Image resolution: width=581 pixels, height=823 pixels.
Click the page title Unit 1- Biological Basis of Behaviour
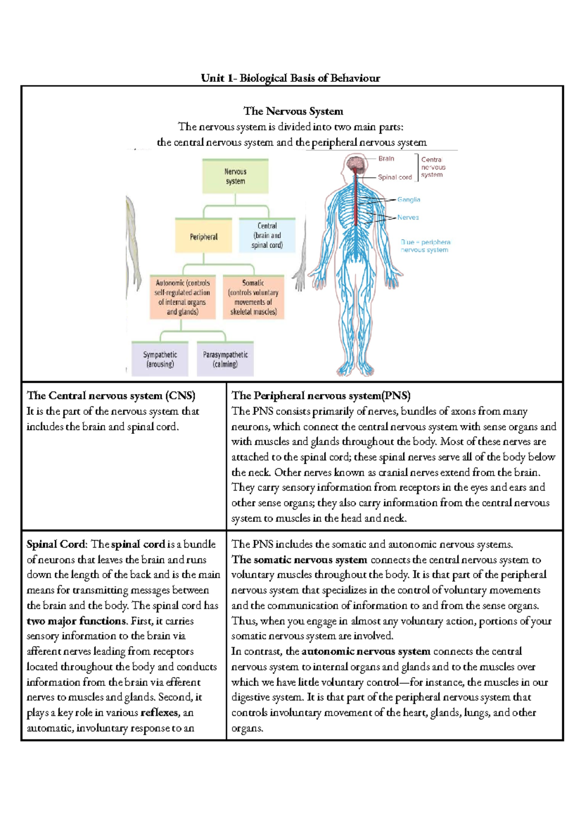[290, 78]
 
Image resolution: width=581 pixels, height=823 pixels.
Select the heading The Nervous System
[293, 111]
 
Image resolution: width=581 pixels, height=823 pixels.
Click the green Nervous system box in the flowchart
[235, 176]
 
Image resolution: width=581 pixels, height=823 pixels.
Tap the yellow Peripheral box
[203, 237]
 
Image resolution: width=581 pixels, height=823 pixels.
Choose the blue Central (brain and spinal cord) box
[267, 236]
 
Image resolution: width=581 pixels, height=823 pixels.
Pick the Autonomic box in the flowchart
[182, 297]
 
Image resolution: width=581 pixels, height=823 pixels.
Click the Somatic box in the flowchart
[253, 297]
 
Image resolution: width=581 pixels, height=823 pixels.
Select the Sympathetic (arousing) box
[160, 359]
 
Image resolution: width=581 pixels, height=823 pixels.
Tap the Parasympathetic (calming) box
[225, 359]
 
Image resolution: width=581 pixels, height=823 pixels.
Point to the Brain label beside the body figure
[386, 158]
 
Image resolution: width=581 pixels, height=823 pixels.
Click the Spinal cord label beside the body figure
[395, 177]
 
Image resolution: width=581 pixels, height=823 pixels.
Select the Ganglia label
[409, 200]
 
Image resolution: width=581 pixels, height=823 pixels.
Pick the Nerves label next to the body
[408, 218]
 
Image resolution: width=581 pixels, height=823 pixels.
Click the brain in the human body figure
[357, 164]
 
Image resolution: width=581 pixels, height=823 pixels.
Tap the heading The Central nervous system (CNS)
[111, 396]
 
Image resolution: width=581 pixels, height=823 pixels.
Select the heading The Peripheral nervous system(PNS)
[321, 396]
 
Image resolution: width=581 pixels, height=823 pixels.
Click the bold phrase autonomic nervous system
[366, 651]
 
